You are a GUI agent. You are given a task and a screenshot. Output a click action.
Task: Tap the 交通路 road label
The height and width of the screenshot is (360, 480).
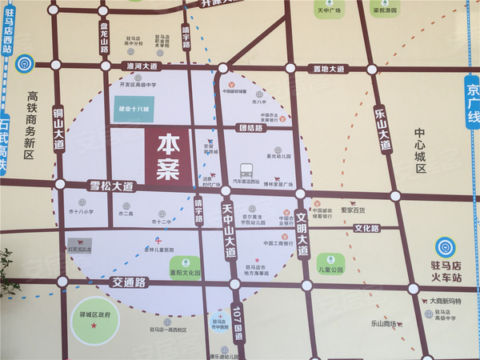[129, 282]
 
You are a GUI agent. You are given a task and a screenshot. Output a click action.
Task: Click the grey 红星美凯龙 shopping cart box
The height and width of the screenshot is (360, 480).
[78, 242]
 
